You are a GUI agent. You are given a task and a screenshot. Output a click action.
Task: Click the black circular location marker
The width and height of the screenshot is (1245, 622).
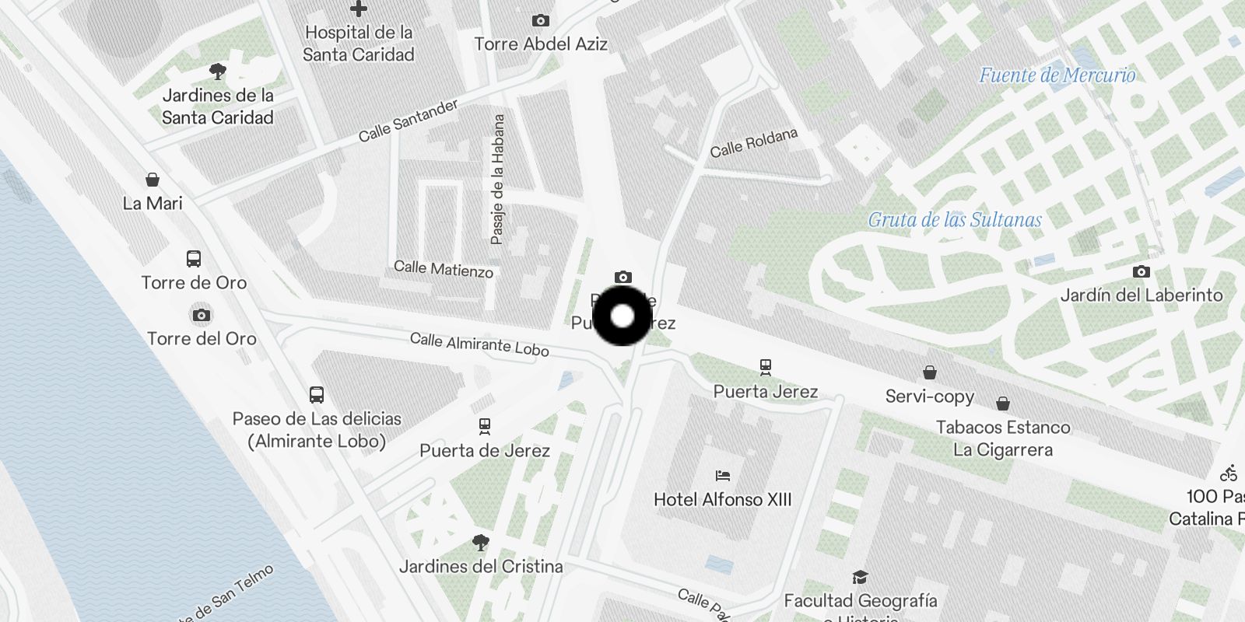click(x=622, y=316)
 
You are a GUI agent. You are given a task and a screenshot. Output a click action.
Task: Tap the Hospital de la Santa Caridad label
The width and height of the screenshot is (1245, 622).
click(x=359, y=44)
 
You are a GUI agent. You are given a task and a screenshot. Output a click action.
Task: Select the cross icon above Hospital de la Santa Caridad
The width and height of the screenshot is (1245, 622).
click(x=359, y=9)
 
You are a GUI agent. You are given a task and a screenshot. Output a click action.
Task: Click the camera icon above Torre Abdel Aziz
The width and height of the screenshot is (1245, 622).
click(x=541, y=21)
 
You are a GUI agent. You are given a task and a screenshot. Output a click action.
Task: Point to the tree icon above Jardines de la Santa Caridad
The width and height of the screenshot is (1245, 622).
click(x=218, y=72)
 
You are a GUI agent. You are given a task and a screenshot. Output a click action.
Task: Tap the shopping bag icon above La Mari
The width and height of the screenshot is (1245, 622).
click(x=153, y=180)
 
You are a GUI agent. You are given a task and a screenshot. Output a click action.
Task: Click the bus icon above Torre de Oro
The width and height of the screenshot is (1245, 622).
click(x=194, y=259)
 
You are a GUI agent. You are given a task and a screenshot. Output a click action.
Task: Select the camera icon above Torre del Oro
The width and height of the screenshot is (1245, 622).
click(x=202, y=315)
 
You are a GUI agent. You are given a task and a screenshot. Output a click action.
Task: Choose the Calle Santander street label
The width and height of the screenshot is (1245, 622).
click(x=409, y=121)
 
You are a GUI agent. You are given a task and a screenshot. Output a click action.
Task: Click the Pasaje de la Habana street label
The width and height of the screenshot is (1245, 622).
click(x=498, y=180)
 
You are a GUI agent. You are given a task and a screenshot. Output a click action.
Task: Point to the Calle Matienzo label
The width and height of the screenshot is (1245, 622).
click(x=444, y=269)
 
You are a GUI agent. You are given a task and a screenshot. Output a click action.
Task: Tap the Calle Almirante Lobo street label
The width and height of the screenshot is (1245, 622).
click(x=479, y=344)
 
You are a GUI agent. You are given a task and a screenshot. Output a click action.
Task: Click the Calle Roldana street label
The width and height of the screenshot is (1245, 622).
click(x=753, y=143)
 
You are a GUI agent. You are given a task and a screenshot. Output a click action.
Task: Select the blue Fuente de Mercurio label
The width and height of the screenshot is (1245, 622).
click(x=1057, y=75)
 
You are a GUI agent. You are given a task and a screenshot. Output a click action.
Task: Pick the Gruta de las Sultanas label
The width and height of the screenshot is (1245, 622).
click(x=955, y=220)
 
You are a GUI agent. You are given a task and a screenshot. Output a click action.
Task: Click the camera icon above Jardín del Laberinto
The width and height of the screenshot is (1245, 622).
click(x=1142, y=271)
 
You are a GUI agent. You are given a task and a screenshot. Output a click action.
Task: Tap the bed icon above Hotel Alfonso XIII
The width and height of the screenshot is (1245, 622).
click(x=723, y=476)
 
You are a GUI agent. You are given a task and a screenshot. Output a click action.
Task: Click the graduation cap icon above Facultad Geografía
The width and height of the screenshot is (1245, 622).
click(x=860, y=577)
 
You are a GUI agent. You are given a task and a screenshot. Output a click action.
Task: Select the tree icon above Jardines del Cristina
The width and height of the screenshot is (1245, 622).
click(x=481, y=543)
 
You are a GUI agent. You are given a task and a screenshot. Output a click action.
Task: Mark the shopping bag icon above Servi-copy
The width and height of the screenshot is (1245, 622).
click(x=930, y=372)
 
